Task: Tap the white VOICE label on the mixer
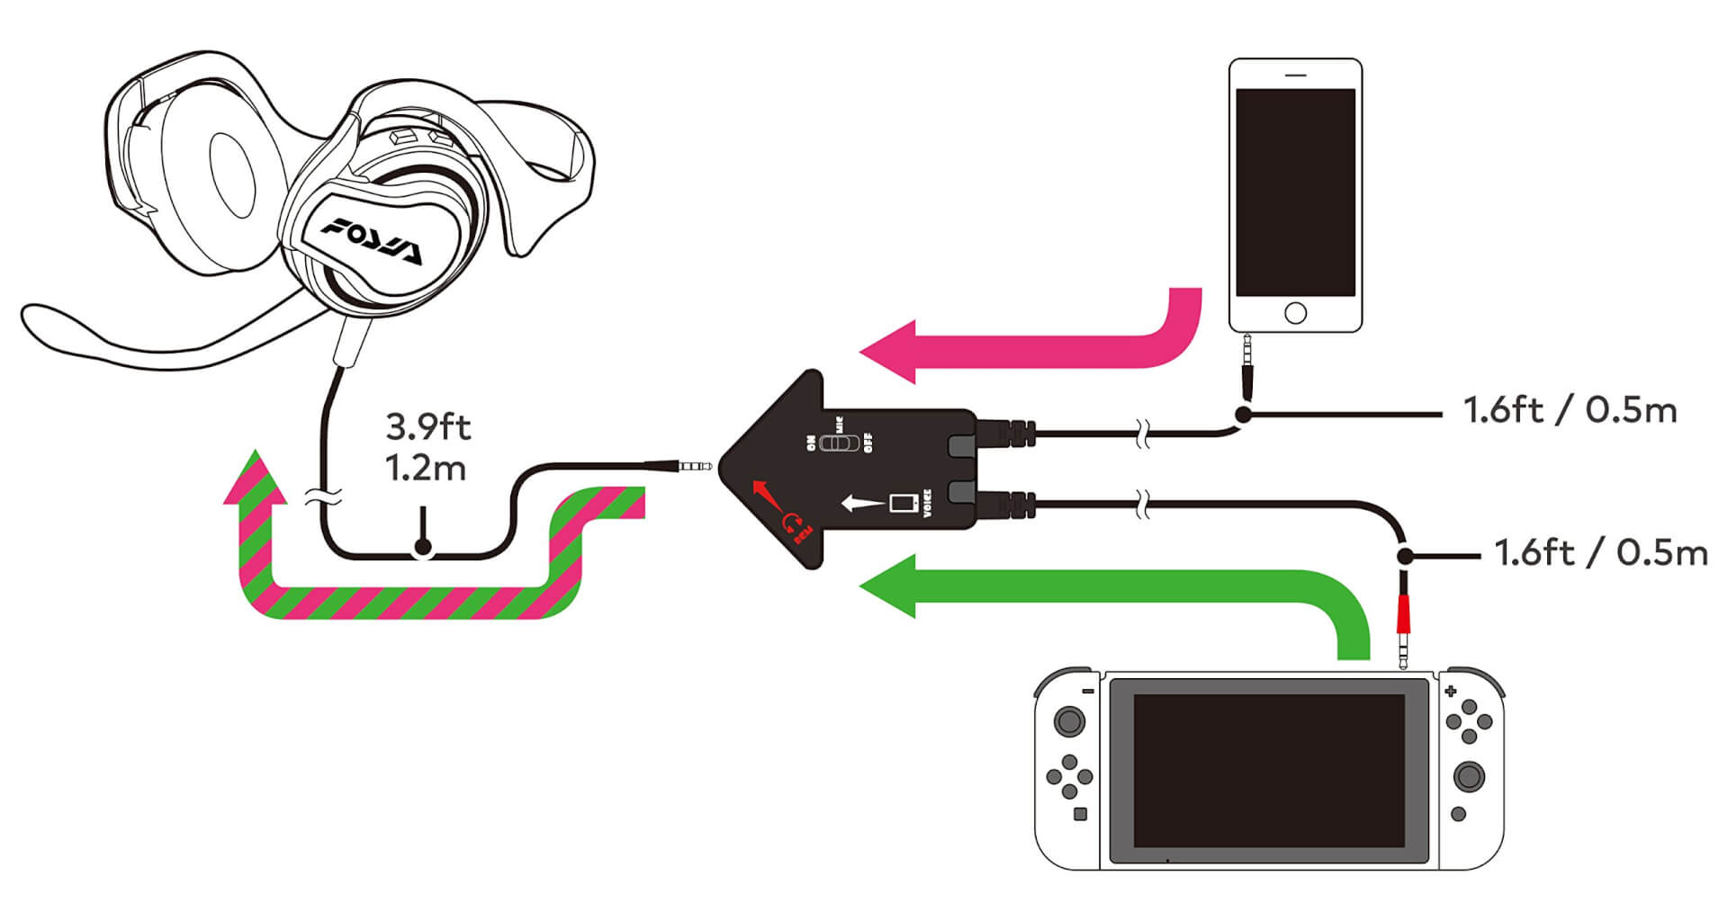[927, 504]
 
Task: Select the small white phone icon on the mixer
[901, 502]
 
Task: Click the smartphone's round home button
[1295, 313]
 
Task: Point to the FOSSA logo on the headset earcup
[371, 241]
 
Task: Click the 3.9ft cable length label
[427, 426]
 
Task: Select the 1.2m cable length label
[426, 468]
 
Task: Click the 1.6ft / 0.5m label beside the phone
[1570, 410]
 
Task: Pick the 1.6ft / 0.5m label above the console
[1600, 552]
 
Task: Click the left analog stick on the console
[1069, 721]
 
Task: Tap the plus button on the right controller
[1450, 692]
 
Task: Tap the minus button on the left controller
[1087, 691]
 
